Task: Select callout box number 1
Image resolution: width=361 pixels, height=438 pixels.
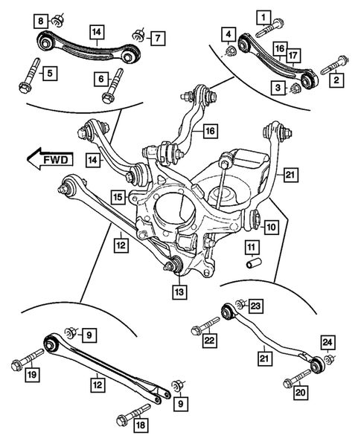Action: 262,15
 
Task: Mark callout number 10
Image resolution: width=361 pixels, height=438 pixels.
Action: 272,226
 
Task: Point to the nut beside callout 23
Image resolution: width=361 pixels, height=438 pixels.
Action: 240,304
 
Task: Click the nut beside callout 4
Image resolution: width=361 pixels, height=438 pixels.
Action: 230,52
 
